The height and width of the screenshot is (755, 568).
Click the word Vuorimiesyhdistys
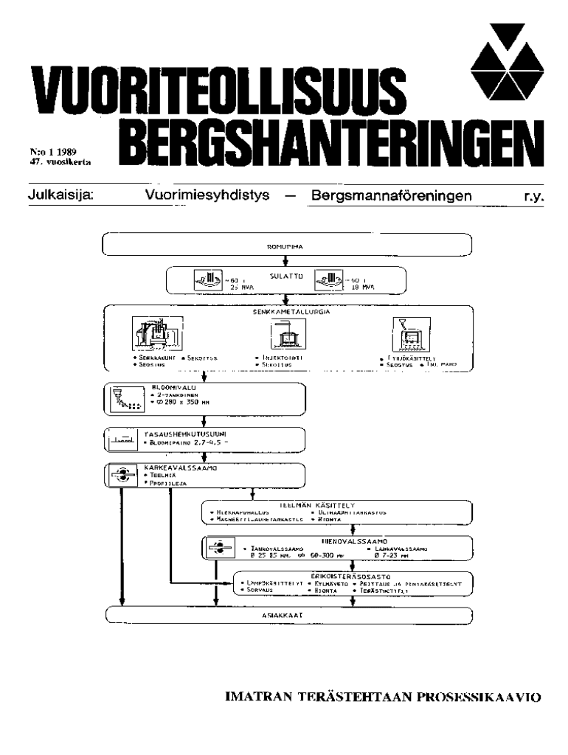(208, 196)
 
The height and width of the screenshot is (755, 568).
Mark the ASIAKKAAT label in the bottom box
(288, 614)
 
